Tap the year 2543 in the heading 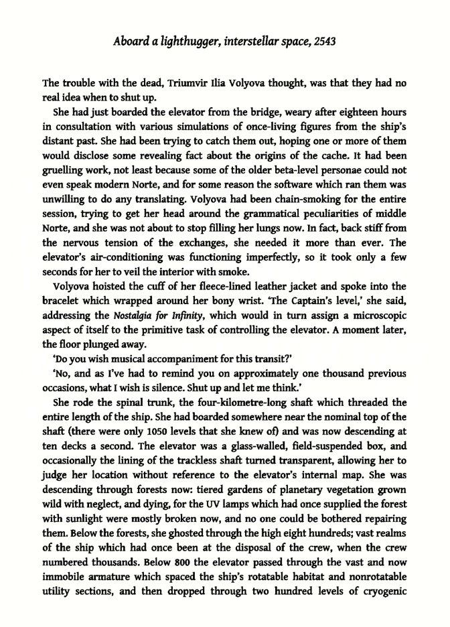[320, 41]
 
